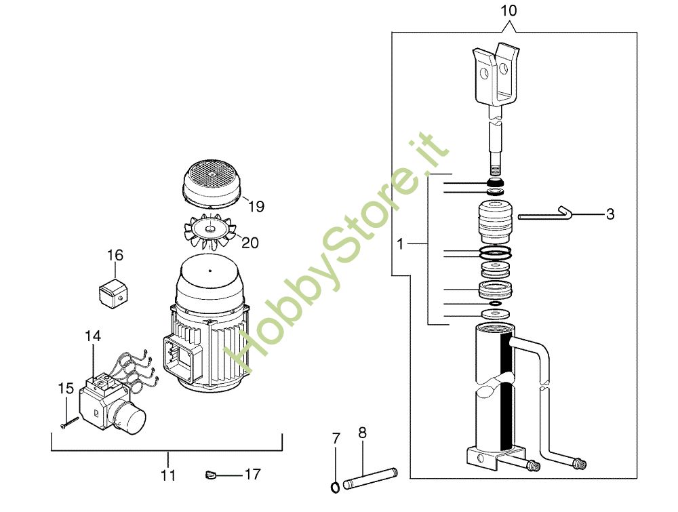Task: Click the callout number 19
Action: pyautogui.click(x=256, y=206)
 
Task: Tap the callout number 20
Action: pyautogui.click(x=250, y=243)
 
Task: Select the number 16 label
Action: pyautogui.click(x=115, y=255)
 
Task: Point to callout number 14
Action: pyautogui.click(x=92, y=336)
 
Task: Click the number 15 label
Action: pyautogui.click(x=66, y=389)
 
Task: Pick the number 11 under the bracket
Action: pyautogui.click(x=168, y=475)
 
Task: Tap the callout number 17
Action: pyautogui.click(x=253, y=475)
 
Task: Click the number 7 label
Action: pyautogui.click(x=336, y=439)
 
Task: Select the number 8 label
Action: pyautogui.click(x=362, y=433)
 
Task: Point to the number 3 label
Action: pyautogui.click(x=610, y=214)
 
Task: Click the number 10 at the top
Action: pyautogui.click(x=509, y=10)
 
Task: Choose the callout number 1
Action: pyautogui.click(x=400, y=244)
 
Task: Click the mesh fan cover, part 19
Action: pyautogui.click(x=212, y=183)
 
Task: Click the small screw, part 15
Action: pyautogui.click(x=70, y=422)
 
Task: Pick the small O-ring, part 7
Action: pyautogui.click(x=335, y=488)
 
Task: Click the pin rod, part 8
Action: pyautogui.click(x=370, y=479)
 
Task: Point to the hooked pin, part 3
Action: pyautogui.click(x=545, y=214)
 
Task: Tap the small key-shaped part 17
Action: pyautogui.click(x=210, y=475)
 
